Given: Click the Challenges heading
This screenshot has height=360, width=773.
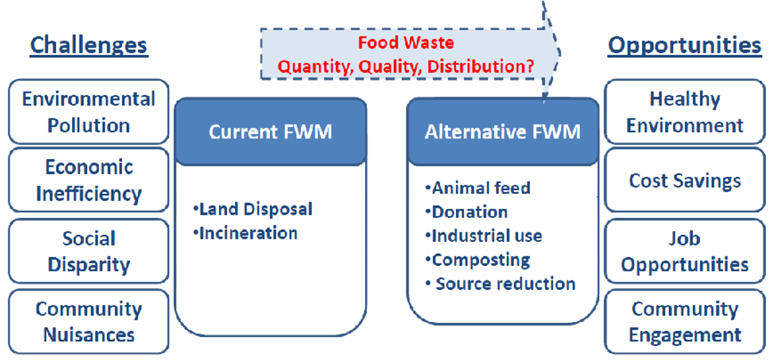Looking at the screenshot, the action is tap(88, 45).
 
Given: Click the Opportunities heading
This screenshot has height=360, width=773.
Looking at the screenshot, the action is tap(685, 45).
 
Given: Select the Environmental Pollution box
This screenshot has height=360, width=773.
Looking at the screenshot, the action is tap(88, 112).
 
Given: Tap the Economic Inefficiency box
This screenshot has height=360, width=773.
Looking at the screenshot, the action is tap(88, 180).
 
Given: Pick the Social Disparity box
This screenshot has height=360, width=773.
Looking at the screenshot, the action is tap(88, 251).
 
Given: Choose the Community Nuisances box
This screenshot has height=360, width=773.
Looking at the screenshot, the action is tap(88, 321).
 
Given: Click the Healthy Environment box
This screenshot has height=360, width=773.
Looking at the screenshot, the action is tap(685, 112).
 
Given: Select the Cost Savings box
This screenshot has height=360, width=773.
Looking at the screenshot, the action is tap(685, 181).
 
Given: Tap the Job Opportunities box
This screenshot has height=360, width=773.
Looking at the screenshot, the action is tap(685, 251).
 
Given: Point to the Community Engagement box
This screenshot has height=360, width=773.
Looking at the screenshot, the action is tap(685, 321).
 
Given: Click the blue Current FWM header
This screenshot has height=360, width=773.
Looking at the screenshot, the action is tap(270, 132).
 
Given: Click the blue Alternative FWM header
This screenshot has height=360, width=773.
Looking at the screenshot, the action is tap(503, 132).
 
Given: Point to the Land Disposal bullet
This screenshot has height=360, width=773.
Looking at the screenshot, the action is tap(253, 209).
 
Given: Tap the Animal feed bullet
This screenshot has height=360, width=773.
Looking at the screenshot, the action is tap(477, 188).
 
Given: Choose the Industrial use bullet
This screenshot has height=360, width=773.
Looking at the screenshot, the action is tap(483, 236).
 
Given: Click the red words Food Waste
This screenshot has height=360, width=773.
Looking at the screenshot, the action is tap(405, 44).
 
